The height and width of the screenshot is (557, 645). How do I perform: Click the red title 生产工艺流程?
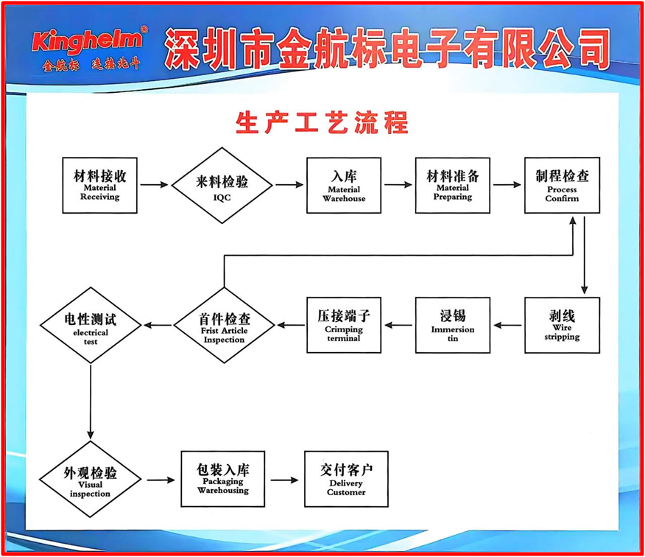pyautogui.click(x=322, y=122)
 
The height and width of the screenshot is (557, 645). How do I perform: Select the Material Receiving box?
pyautogui.click(x=99, y=185)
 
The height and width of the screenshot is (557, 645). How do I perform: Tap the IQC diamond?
pyautogui.click(x=222, y=186)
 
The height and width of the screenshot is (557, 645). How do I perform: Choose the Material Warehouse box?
pyautogui.click(x=344, y=185)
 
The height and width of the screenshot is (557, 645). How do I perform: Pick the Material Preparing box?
pyautogui.click(x=452, y=185)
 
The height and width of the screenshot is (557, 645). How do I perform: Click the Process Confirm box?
pyautogui.click(x=562, y=185)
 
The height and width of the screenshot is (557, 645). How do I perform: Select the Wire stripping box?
pyautogui.click(x=562, y=325)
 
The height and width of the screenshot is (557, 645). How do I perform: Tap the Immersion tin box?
pyautogui.click(x=452, y=325)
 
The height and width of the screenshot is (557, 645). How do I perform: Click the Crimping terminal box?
pyautogui.click(x=343, y=325)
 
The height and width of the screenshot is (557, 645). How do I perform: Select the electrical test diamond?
pyautogui.click(x=91, y=325)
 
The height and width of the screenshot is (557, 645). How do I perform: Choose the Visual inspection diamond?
pyautogui.click(x=91, y=480)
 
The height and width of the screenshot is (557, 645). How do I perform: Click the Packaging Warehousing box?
pyautogui.click(x=222, y=480)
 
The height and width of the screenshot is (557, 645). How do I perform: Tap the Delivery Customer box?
pyautogui.click(x=346, y=480)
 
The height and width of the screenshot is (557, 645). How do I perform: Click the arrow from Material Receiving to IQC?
pyautogui.click(x=154, y=185)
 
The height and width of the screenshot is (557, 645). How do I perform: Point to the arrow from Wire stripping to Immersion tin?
pyautogui.click(x=507, y=325)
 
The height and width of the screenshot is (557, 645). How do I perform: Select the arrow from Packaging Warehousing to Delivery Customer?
pyautogui.click(x=285, y=480)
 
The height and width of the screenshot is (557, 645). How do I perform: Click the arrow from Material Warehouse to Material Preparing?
pyautogui.click(x=398, y=185)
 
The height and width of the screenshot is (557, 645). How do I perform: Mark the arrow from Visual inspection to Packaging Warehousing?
pyautogui.click(x=161, y=480)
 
